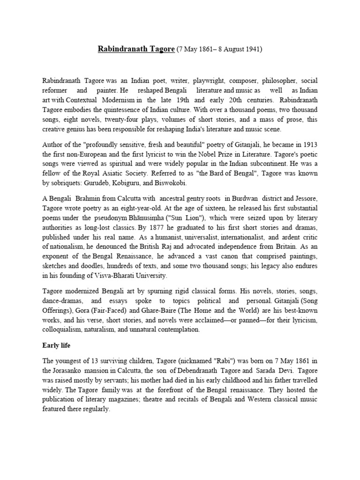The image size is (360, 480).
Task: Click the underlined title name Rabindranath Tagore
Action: (x=136, y=49)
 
